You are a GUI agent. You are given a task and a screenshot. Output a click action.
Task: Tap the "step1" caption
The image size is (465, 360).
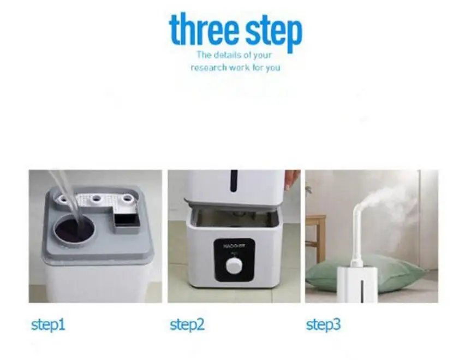coord(48,325)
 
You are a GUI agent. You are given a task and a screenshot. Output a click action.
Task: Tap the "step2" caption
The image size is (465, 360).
coord(187,325)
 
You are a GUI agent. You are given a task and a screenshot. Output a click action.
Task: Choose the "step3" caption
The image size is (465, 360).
coord(323,325)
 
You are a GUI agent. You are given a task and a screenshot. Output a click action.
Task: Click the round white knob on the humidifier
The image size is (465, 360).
coord(234,266)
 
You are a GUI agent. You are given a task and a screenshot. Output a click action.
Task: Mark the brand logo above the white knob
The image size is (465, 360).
coord(233,247)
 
